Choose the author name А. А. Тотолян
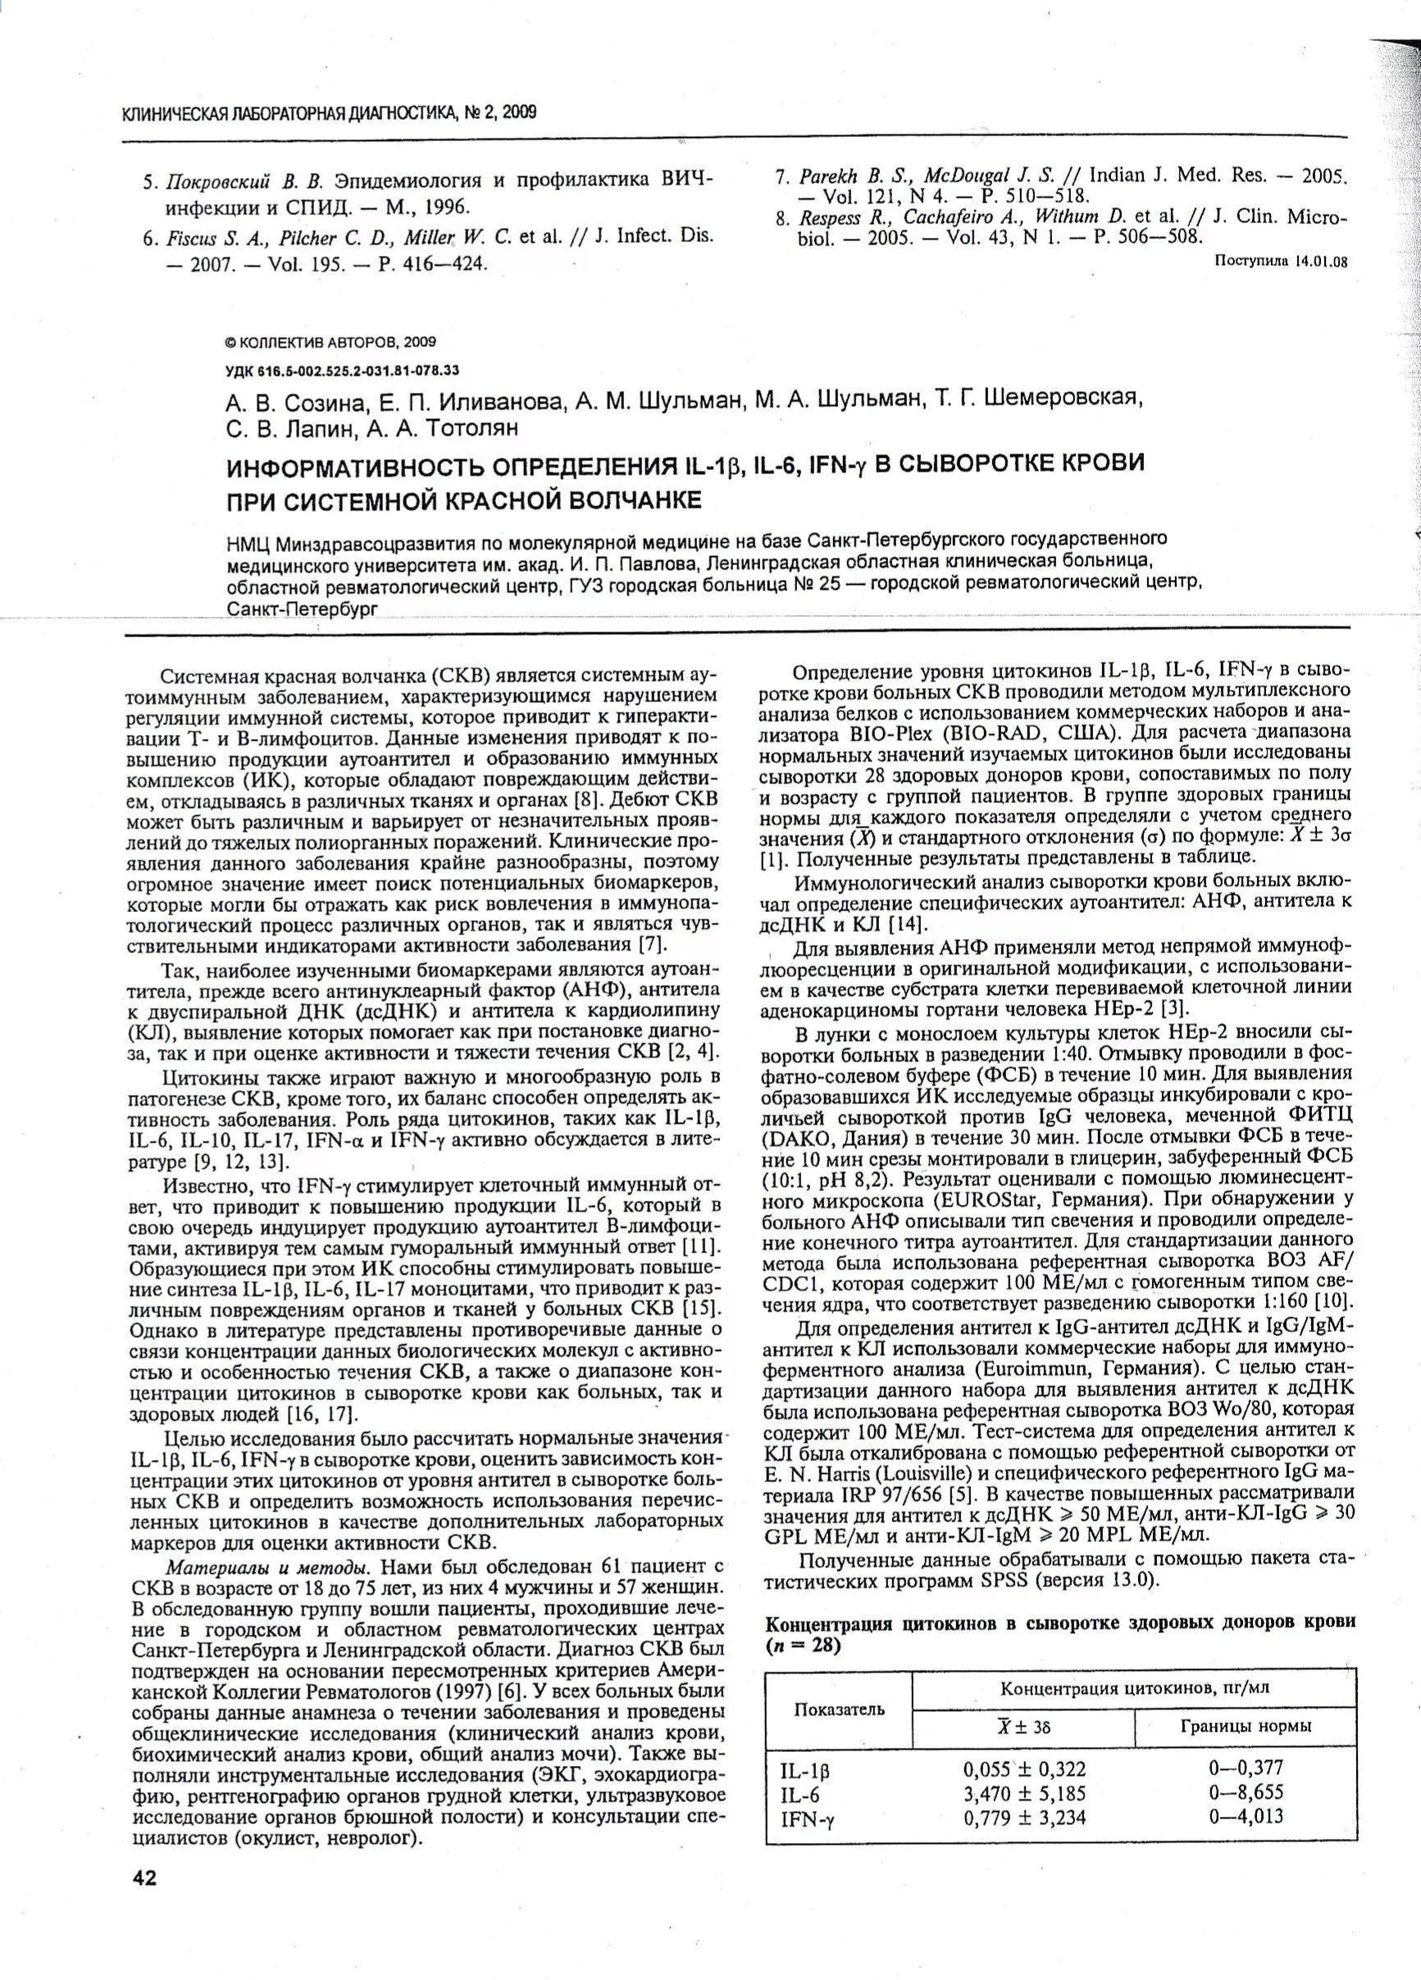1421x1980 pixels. (x=442, y=428)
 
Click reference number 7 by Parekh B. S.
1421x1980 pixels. (x=781, y=176)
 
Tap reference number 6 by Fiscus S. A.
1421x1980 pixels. (x=149, y=238)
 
